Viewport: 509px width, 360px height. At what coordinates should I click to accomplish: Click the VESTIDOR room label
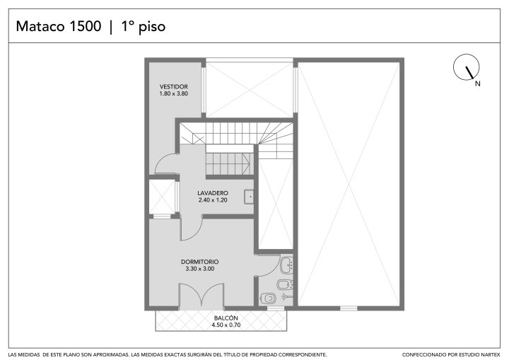tap(174, 87)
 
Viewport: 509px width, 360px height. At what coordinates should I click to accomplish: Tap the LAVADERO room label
tap(213, 193)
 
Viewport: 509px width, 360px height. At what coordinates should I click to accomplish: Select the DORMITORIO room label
tap(199, 262)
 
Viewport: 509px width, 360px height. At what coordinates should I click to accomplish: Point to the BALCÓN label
tap(226, 318)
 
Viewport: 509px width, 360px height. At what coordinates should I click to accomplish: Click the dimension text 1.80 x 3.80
tap(174, 93)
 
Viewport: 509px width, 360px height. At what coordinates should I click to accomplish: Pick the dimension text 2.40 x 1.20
tap(213, 200)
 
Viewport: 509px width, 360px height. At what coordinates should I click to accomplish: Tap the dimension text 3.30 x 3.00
tap(199, 269)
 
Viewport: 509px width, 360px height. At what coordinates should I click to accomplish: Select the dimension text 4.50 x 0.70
tap(226, 325)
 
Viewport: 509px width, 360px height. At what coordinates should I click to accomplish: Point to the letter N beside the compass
tap(477, 83)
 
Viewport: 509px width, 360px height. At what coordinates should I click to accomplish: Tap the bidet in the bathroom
tap(285, 284)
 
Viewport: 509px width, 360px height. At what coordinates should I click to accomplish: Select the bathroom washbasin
tap(286, 265)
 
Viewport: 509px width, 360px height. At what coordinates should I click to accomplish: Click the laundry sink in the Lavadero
tap(249, 197)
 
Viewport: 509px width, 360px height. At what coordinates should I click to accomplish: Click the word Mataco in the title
tap(40, 26)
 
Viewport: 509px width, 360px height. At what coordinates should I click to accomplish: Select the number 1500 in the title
tap(85, 26)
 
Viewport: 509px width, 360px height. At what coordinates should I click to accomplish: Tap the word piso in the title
tap(152, 27)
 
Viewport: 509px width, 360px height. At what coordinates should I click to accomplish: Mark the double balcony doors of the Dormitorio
tap(201, 295)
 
